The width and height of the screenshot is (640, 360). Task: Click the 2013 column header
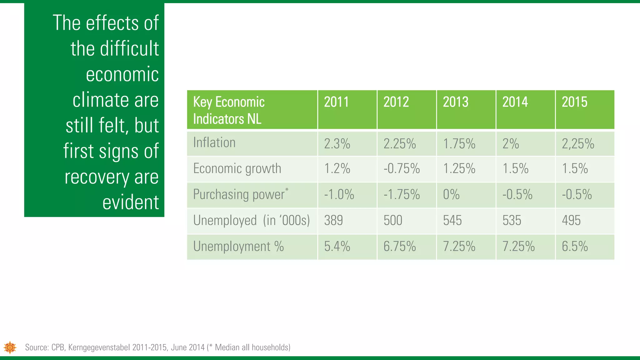pyautogui.click(x=456, y=102)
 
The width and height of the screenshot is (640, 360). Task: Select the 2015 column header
pyautogui.click(x=574, y=102)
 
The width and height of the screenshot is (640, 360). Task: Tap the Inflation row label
pyautogui.click(x=214, y=143)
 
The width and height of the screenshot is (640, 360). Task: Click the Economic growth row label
pyautogui.click(x=237, y=169)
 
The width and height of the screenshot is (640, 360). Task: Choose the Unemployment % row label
pyautogui.click(x=238, y=247)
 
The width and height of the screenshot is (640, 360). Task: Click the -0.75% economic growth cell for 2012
pyautogui.click(x=402, y=169)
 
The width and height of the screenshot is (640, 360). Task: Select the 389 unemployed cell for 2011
pyautogui.click(x=333, y=221)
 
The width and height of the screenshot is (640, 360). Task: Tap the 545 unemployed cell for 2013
pyautogui.click(x=452, y=221)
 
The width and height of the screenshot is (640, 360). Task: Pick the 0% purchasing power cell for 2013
pyautogui.click(x=451, y=195)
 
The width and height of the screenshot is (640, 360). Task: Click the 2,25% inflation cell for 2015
pyautogui.click(x=578, y=144)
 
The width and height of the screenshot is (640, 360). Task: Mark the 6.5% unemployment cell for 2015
pyautogui.click(x=575, y=247)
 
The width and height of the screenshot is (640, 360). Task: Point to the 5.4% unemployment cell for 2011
pyautogui.click(x=337, y=247)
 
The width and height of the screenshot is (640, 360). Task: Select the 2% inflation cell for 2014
pyautogui.click(x=511, y=144)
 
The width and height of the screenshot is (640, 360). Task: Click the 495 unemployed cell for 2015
pyautogui.click(x=571, y=221)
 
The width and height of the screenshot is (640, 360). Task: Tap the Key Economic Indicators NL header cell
pyautogui.click(x=229, y=110)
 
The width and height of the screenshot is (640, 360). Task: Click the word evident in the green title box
pyautogui.click(x=131, y=202)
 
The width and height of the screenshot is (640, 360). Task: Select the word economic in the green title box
pyautogui.click(x=122, y=75)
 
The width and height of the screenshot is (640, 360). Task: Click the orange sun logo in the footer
pyautogui.click(x=10, y=347)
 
